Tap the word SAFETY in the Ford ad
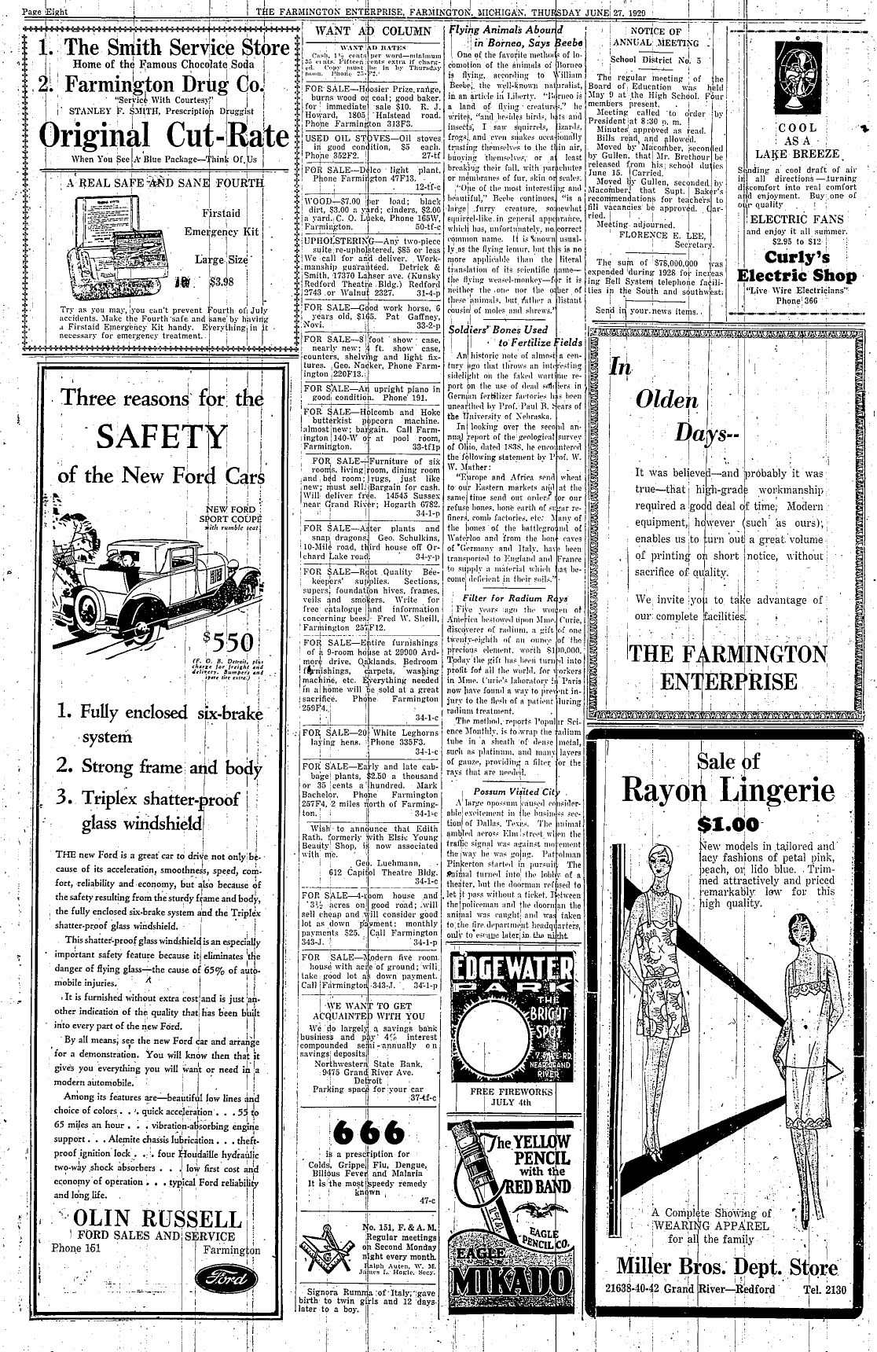pos(162,437)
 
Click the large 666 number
pos(369,1133)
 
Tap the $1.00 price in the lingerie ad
pos(728,825)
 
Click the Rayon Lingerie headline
pos(728,788)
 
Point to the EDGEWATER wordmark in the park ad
pos(512,965)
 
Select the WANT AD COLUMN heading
pos(372,31)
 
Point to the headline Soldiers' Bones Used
pos(497,329)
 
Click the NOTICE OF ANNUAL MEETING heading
pos(655,36)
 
